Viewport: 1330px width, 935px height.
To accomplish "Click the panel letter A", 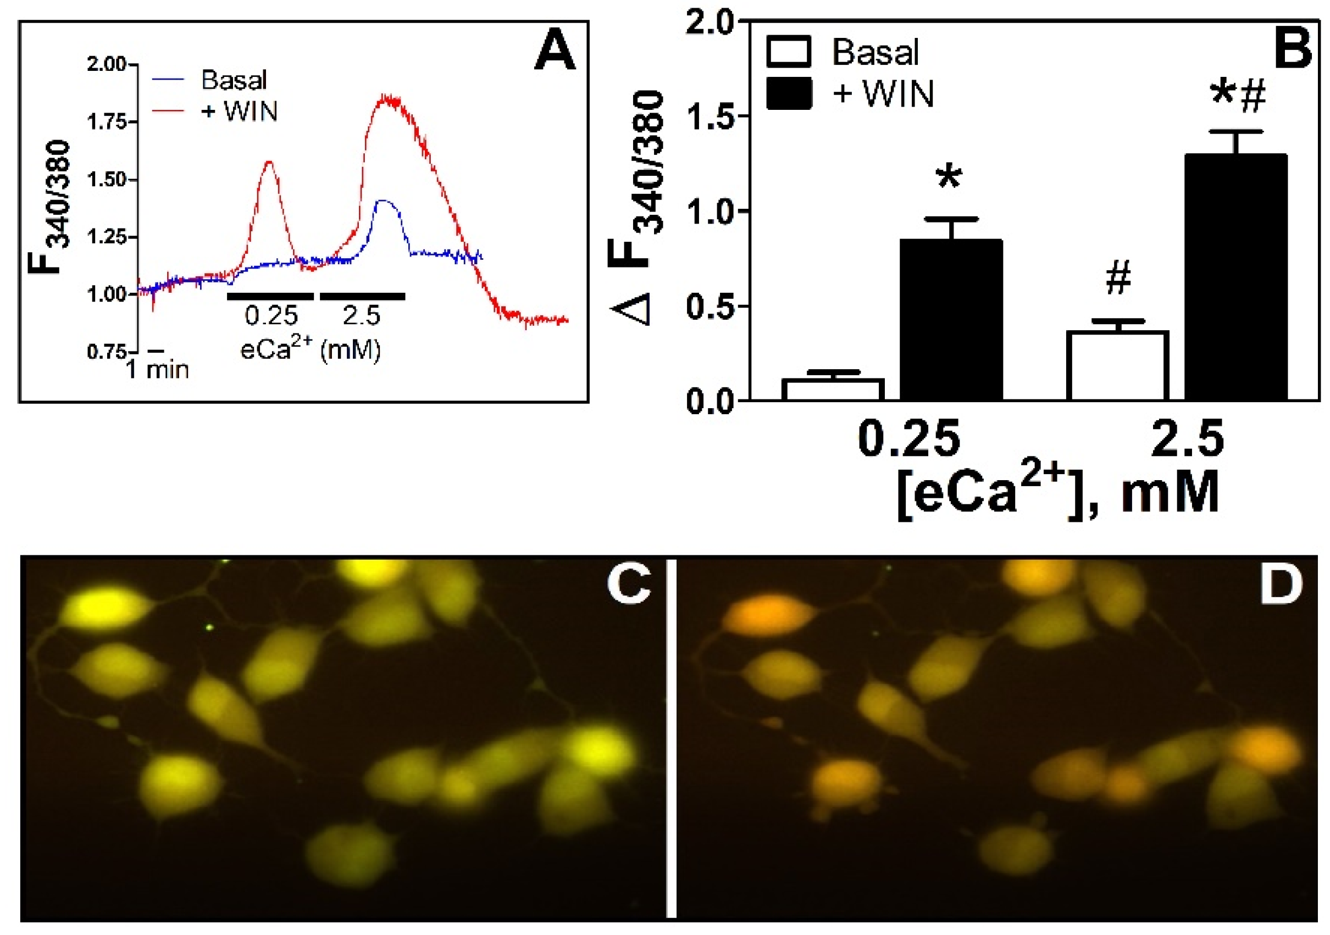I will [555, 52].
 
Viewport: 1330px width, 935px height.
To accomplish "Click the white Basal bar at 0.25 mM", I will [833, 389].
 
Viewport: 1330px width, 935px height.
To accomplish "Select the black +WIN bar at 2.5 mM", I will [1235, 278].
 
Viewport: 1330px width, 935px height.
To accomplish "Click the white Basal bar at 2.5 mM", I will [1117, 365].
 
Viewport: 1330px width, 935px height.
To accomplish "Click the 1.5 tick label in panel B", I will [709, 116].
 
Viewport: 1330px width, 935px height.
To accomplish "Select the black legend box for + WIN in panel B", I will [789, 93].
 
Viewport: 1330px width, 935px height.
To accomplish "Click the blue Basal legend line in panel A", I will [169, 78].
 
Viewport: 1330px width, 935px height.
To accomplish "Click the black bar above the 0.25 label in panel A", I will [270, 297].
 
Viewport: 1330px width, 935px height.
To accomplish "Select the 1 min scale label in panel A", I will [158, 369].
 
